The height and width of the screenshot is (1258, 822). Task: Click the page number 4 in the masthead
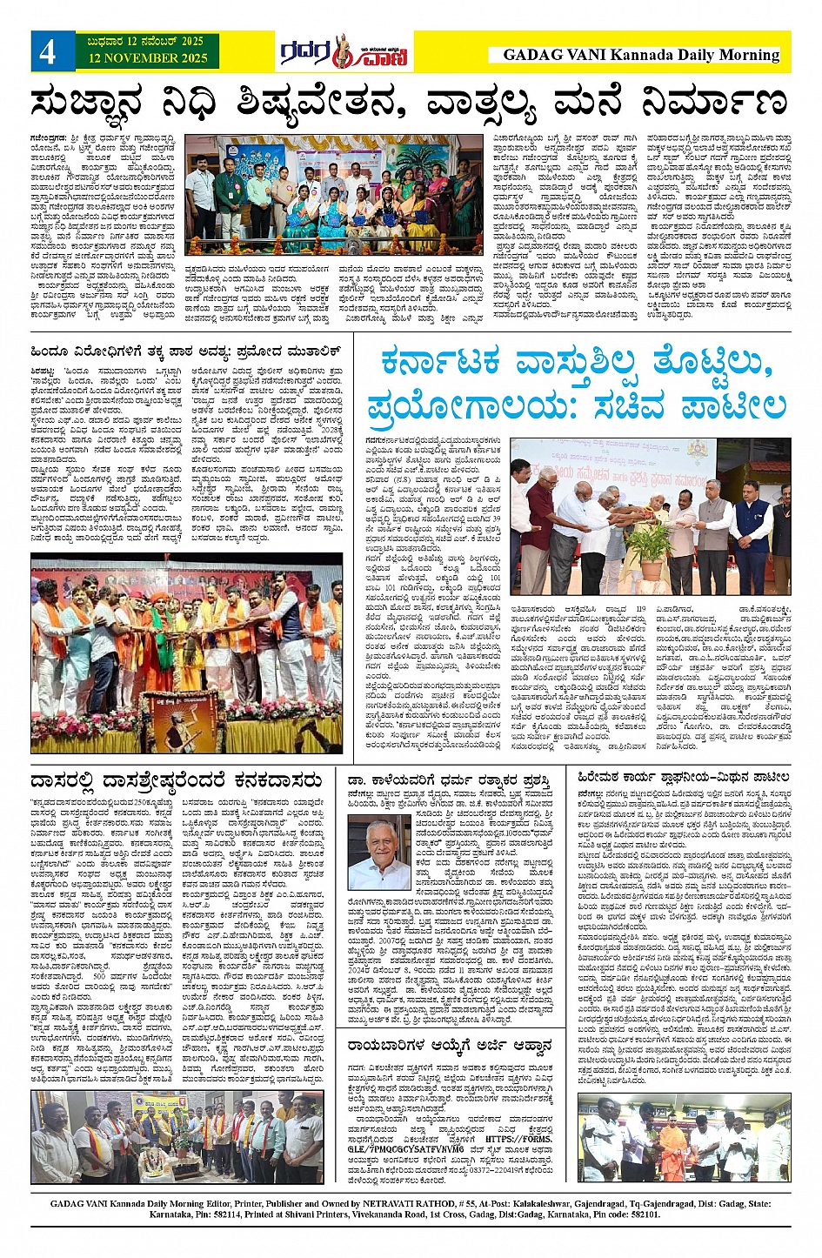(48, 52)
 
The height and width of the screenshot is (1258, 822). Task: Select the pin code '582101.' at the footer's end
(644, 1215)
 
